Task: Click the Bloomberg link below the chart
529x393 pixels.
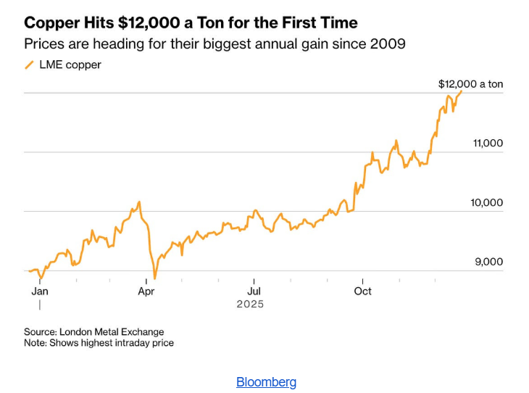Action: (266, 382)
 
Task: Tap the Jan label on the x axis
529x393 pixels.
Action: (40, 291)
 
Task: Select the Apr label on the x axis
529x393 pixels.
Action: (146, 291)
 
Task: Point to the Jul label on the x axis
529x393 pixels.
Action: (254, 291)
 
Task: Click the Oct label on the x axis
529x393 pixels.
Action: (362, 291)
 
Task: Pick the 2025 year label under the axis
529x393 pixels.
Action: (250, 305)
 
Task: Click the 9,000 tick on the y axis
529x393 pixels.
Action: (488, 262)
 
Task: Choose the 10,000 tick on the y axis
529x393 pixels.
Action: (486, 202)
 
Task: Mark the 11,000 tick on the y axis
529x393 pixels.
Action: (488, 143)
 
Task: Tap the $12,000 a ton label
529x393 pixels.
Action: (470, 84)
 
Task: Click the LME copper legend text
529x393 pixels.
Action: (70, 65)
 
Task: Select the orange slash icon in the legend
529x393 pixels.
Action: (29, 65)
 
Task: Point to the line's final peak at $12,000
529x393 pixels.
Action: (462, 91)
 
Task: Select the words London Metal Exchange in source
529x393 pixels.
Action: (111, 332)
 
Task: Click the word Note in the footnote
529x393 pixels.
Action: (34, 343)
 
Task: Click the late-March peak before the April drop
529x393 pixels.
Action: (139, 202)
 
